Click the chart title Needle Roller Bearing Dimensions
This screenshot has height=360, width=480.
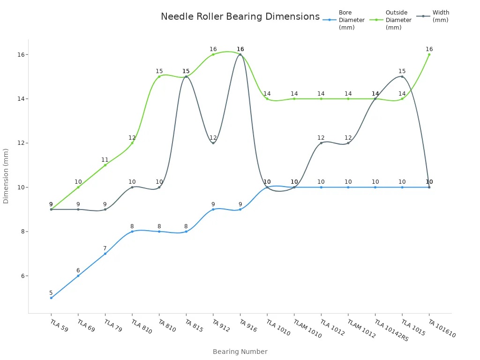pyautogui.click(x=240, y=16)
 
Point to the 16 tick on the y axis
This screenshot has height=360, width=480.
pyautogui.click(x=21, y=54)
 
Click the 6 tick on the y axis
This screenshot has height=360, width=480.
pyautogui.click(x=22, y=276)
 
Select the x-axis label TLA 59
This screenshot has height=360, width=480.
pyautogui.click(x=59, y=326)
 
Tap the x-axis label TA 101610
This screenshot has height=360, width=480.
pyautogui.click(x=442, y=328)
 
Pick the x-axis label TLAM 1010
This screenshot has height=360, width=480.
pyautogui.click(x=307, y=329)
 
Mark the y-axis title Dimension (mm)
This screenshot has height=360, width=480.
pyautogui.click(x=6, y=176)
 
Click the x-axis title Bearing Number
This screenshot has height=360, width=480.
pyautogui.click(x=240, y=352)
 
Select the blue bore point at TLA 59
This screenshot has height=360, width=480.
pyautogui.click(x=51, y=298)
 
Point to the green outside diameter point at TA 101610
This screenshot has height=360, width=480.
pyautogui.click(x=429, y=54)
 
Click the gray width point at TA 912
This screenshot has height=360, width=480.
pyautogui.click(x=213, y=143)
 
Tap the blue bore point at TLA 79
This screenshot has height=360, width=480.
pyautogui.click(x=105, y=254)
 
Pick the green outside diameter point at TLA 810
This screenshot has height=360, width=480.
pyautogui.click(x=132, y=143)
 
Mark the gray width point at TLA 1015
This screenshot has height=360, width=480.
pyautogui.click(x=402, y=76)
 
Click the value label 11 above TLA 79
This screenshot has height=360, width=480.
pyautogui.click(x=105, y=160)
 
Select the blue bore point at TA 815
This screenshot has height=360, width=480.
pyautogui.click(x=186, y=232)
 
